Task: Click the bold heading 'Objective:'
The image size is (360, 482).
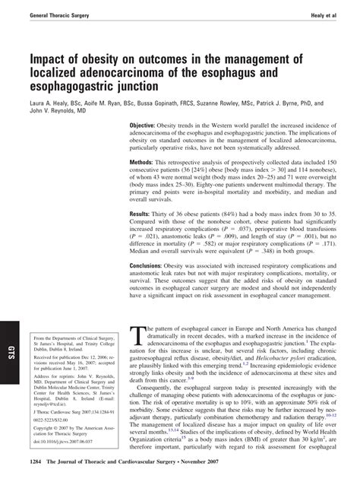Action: (144, 125)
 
